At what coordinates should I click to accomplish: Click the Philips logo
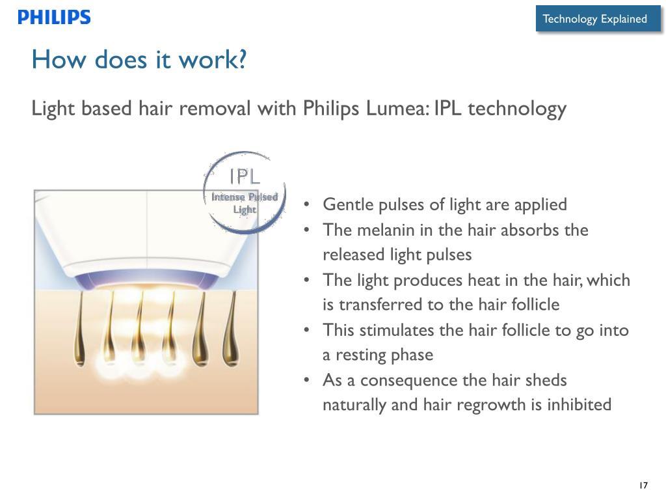tap(54, 17)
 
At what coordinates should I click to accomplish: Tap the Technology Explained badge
tap(598, 19)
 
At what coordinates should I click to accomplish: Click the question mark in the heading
tap(243, 59)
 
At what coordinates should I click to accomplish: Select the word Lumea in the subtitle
tap(397, 108)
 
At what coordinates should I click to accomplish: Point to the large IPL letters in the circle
tap(245, 176)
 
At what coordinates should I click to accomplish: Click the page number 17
tap(643, 485)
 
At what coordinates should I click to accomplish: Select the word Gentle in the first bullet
tap(347, 204)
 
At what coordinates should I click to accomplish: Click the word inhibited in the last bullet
tap(579, 404)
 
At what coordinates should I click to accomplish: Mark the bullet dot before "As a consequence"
tap(307, 380)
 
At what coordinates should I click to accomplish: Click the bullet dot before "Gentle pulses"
tap(307, 204)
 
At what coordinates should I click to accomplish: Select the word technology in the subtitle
tap(517, 109)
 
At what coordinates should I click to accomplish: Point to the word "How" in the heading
tap(59, 59)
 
